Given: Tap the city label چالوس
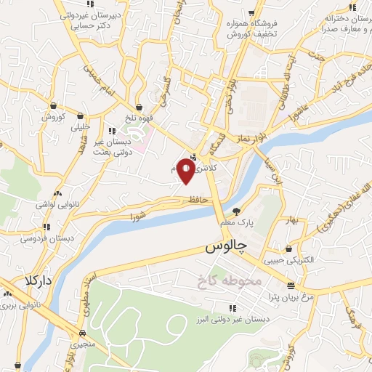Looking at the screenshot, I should [x=226, y=247].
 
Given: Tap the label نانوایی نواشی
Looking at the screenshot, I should [x=59, y=205].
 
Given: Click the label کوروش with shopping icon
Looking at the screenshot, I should [x=54, y=116].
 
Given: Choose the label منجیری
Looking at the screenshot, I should [x=75, y=348].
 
